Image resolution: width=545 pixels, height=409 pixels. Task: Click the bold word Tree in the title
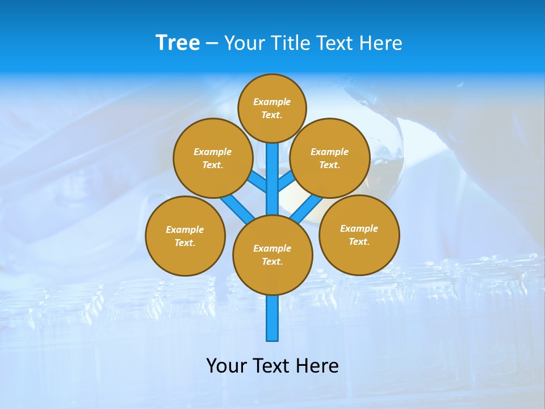click(x=178, y=43)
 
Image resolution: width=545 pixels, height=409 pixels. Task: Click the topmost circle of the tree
click(x=272, y=108)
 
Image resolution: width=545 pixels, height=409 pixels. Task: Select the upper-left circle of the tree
click(x=213, y=158)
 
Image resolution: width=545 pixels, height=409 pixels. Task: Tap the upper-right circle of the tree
click(x=330, y=158)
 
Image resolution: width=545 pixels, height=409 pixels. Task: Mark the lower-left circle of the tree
click(x=185, y=236)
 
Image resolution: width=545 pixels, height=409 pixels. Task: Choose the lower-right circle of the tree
click(x=359, y=235)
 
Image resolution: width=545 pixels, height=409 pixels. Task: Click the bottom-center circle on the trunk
click(x=272, y=255)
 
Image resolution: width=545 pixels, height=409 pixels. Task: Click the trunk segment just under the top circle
click(x=272, y=156)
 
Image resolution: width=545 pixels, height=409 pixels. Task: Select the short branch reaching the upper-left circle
click(x=257, y=182)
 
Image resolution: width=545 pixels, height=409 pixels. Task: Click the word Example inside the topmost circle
click(x=272, y=102)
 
